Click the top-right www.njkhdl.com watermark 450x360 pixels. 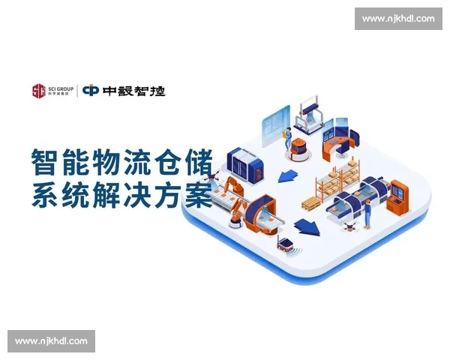click(398, 18)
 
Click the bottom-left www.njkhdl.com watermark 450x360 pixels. click(51, 341)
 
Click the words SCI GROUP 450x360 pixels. click(60, 88)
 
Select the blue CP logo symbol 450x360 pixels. click(91, 91)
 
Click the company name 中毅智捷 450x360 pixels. click(135, 91)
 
